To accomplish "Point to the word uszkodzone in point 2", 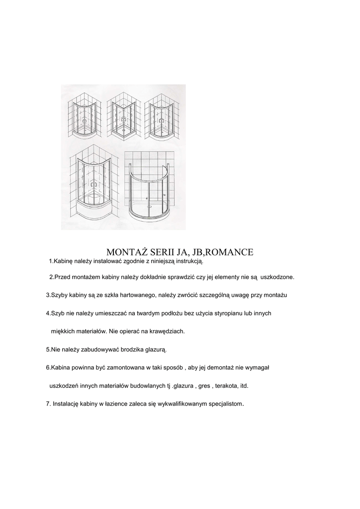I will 281,276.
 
